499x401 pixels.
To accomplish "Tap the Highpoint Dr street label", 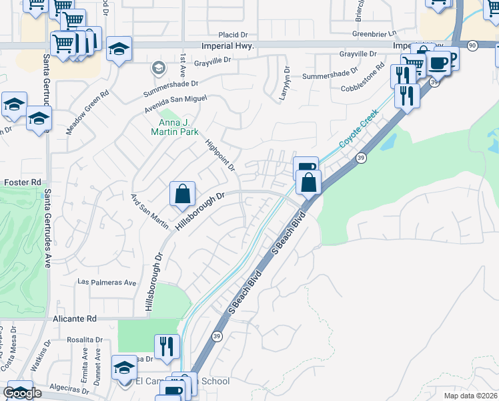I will click(220, 154).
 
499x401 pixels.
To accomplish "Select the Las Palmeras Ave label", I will click(107, 282).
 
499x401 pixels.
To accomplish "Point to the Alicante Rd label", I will click(75, 319).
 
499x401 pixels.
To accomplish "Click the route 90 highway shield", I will click(472, 45).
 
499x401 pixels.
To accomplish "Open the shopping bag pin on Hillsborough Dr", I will click(182, 194).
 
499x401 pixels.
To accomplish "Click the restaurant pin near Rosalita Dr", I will click(167, 346).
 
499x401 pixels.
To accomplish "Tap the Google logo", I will click(22, 393).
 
